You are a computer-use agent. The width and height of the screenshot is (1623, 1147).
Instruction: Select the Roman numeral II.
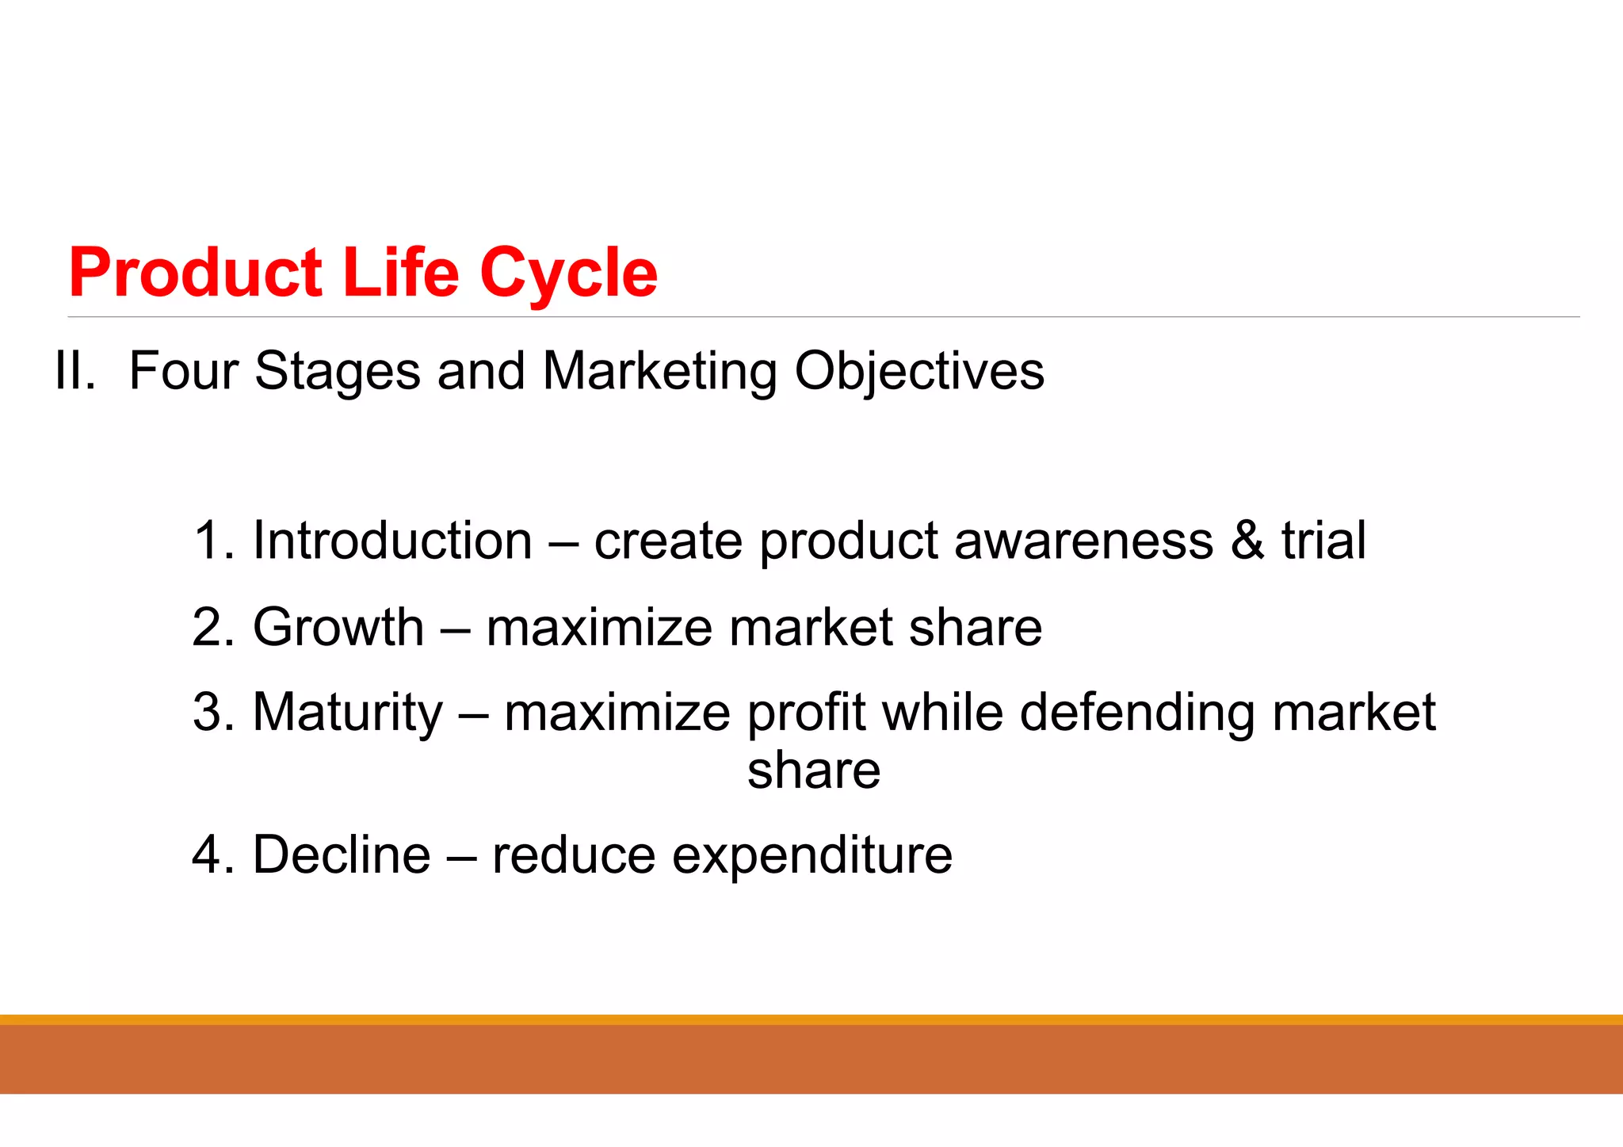(x=75, y=370)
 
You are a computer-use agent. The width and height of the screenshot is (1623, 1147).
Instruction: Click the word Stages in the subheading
(x=337, y=372)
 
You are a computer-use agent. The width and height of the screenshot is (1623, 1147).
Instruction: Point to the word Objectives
(x=918, y=372)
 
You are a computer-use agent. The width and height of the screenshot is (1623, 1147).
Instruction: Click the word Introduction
(x=391, y=541)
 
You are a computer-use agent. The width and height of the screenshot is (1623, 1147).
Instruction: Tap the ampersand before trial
(x=1247, y=541)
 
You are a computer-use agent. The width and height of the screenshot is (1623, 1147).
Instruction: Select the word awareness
(x=1083, y=542)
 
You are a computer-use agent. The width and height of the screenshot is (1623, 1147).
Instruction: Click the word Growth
(x=338, y=627)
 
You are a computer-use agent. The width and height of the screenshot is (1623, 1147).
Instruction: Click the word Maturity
(x=347, y=713)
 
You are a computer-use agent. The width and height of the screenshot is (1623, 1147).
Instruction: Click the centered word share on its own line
(x=813, y=770)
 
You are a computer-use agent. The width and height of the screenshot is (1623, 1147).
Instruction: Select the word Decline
(x=341, y=855)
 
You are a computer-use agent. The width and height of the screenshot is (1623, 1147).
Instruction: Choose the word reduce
(x=573, y=855)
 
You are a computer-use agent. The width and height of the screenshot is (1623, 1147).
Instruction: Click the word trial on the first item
(x=1323, y=541)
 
